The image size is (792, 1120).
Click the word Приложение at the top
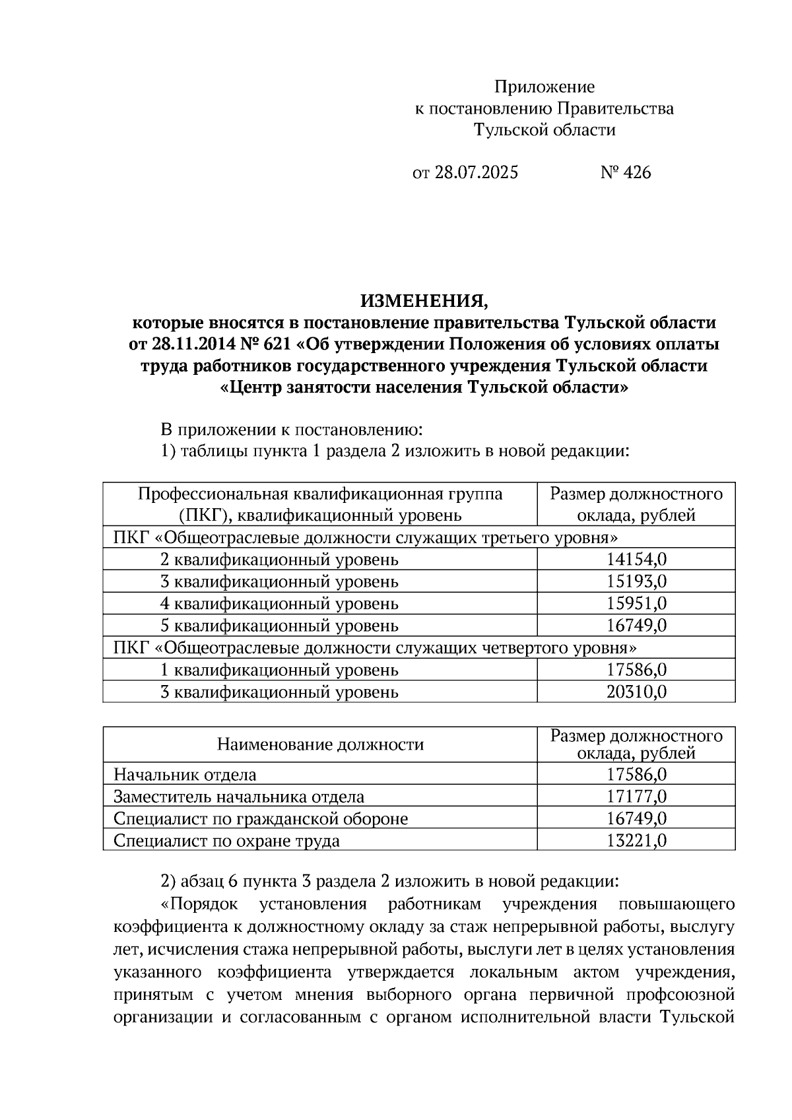click(544, 87)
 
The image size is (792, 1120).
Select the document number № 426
click(625, 173)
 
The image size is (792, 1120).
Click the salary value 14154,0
click(636, 560)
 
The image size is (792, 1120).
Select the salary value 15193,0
click(636, 582)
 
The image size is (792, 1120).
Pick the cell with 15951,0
click(636, 604)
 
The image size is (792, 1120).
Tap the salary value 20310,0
click(636, 692)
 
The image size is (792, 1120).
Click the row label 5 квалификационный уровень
click(279, 626)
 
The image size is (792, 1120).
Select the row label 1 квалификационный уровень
click(279, 671)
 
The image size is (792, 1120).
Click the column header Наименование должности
click(320, 745)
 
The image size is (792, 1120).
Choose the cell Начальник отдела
click(185, 775)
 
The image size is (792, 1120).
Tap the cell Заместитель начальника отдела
click(238, 797)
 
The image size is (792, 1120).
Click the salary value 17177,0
click(636, 797)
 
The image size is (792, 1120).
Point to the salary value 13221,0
click(636, 841)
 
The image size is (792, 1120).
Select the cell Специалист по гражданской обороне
click(261, 819)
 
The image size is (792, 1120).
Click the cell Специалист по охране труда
click(226, 841)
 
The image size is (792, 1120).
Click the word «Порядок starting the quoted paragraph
click(199, 904)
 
